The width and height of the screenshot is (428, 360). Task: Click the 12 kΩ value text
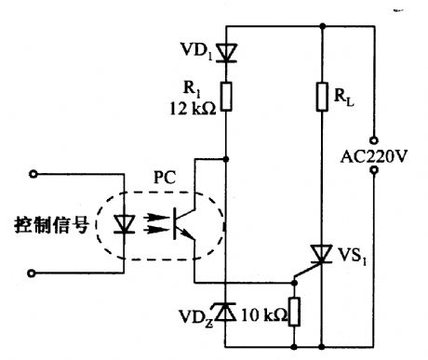195,108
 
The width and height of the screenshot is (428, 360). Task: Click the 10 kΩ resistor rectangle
293,310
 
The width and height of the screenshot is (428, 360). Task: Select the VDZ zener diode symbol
227,309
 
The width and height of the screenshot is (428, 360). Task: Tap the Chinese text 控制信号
46,224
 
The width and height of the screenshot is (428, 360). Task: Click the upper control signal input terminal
35,173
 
